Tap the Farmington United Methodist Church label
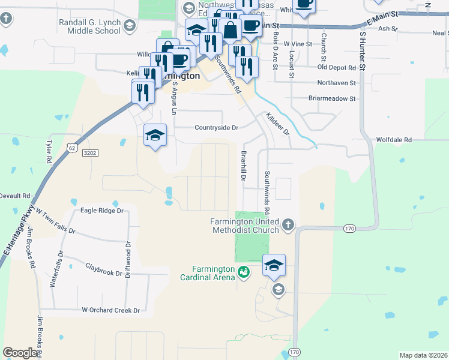point(244,226)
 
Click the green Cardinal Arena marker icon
point(243,273)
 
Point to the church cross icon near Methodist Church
point(288,225)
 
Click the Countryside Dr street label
point(216,128)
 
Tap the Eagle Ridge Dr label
point(101,211)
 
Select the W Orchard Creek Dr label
point(110,310)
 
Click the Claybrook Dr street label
point(103,269)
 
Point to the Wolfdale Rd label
point(394,140)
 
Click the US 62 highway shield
point(72,147)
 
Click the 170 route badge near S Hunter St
point(350,228)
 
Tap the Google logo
point(19,353)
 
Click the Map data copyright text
point(423,355)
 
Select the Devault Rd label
point(14,196)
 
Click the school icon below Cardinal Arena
point(277,290)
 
